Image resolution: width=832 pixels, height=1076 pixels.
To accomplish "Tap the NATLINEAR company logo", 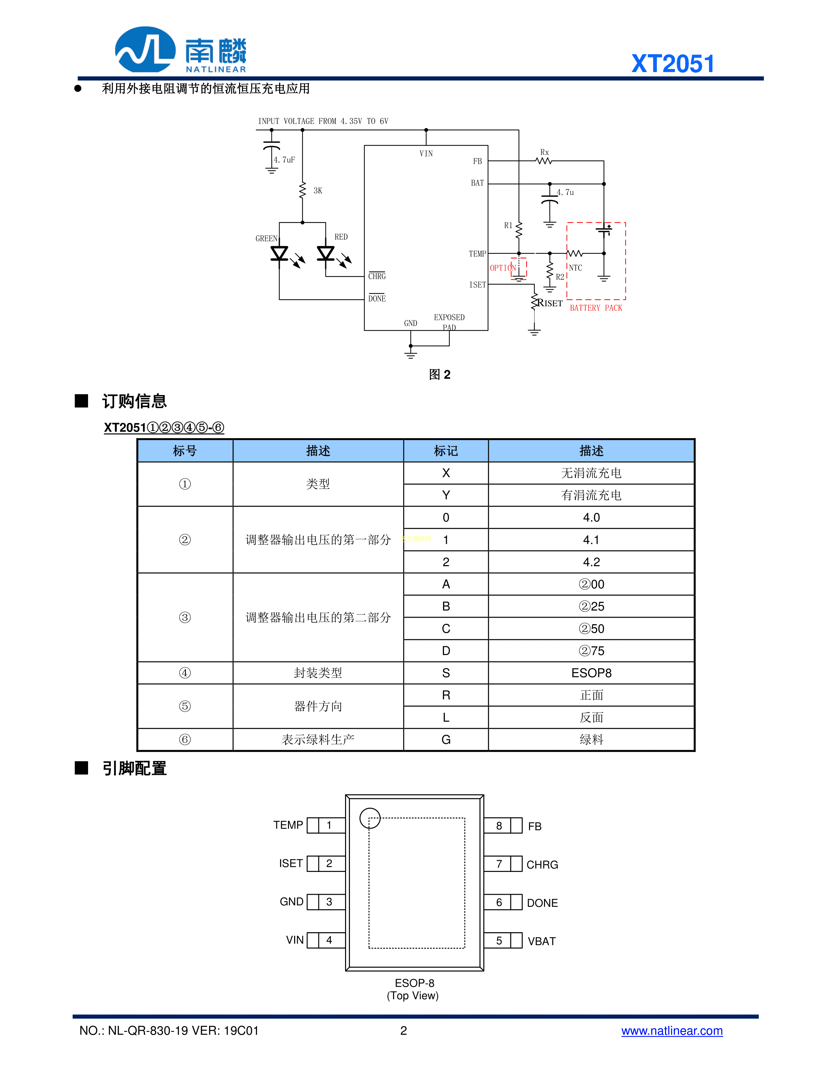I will point(180,50).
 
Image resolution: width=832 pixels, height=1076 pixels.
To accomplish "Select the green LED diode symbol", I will point(280,253).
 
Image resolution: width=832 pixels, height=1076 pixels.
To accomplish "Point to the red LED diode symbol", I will point(325,253).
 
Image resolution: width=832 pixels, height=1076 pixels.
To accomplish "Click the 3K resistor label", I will point(318,191).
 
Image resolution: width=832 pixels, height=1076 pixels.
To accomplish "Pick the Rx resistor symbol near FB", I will point(544,161).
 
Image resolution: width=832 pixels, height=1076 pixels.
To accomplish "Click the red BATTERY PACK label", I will point(596,308).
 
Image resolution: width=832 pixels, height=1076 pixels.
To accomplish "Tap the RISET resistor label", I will point(550,303).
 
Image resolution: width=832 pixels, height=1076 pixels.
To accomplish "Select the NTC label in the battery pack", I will point(575,268).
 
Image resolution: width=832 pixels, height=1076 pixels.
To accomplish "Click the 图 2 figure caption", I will point(439,375).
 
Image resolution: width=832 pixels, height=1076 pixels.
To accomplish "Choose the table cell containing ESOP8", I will point(591,673).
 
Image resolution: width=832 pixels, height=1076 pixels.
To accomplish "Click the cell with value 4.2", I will point(591,562).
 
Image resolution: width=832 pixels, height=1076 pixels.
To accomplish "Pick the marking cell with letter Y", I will point(446,495).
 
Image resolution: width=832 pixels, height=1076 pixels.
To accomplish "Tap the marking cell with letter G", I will point(446,740).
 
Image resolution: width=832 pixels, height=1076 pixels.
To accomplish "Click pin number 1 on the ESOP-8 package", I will point(329,825).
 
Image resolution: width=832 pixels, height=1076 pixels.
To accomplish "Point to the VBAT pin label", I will point(541,941).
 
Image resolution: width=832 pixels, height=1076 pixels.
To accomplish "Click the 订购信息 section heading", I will point(134,401).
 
